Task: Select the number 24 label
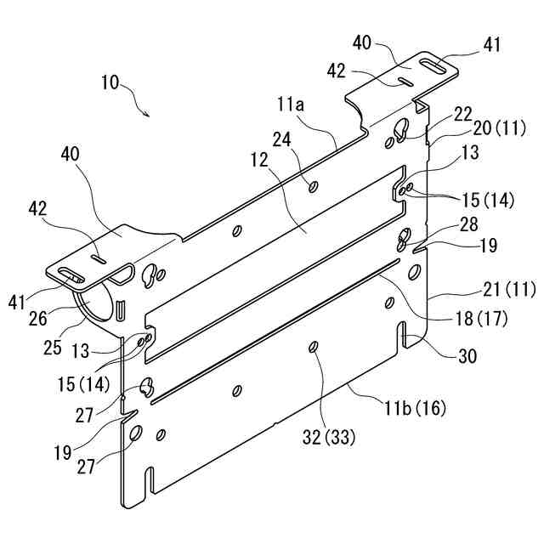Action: pyautogui.click(x=282, y=139)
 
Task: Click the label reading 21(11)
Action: pyautogui.click(x=507, y=290)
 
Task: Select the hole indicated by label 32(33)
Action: pyautogui.click(x=314, y=346)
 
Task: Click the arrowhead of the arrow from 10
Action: pyautogui.click(x=150, y=114)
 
